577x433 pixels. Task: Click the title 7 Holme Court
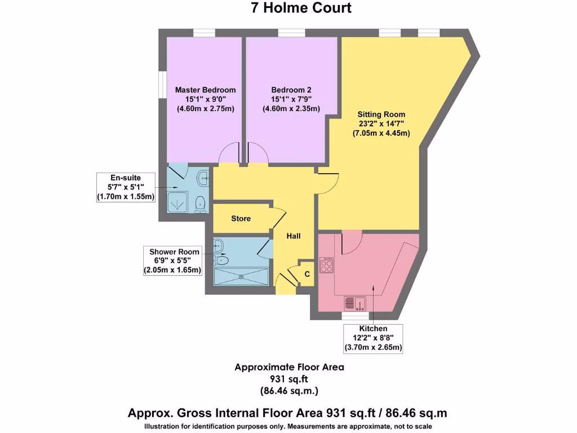click(x=301, y=8)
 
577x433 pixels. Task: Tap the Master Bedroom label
click(x=205, y=90)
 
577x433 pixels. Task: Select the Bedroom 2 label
click(x=291, y=90)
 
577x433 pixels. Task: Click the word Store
click(x=241, y=219)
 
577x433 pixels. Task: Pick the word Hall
click(x=293, y=236)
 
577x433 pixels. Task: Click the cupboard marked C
click(x=307, y=274)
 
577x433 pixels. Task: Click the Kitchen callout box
click(x=373, y=338)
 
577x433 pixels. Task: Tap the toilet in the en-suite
click(x=199, y=205)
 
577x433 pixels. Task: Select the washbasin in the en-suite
click(x=202, y=179)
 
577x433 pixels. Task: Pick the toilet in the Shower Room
click(x=222, y=260)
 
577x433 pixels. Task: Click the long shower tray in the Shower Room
click(x=242, y=277)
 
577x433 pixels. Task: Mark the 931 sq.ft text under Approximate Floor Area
click(x=289, y=378)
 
